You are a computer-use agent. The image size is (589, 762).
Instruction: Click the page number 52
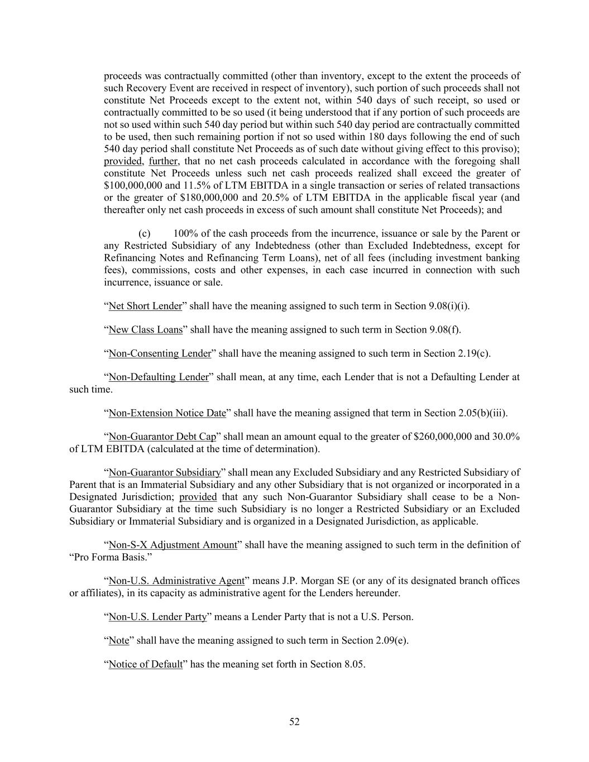click(x=294, y=722)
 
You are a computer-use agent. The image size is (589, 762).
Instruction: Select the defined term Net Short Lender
click(x=145, y=306)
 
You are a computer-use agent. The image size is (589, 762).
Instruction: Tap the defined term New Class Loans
click(x=146, y=329)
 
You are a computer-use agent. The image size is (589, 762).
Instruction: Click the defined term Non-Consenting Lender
click(x=160, y=353)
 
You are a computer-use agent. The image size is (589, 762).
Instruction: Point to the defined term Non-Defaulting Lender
click(x=159, y=377)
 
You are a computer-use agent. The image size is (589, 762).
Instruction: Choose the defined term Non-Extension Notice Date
click(x=167, y=413)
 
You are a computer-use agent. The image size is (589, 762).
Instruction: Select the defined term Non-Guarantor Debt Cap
click(x=162, y=437)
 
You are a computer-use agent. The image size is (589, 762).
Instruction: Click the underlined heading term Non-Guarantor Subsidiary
click(x=165, y=473)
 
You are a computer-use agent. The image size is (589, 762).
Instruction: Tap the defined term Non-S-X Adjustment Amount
click(x=173, y=545)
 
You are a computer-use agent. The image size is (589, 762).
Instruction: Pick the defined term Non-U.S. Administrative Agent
click(x=176, y=581)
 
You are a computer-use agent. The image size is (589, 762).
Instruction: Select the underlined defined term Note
click(x=119, y=640)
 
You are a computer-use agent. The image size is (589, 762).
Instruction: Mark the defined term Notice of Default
click(x=145, y=664)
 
